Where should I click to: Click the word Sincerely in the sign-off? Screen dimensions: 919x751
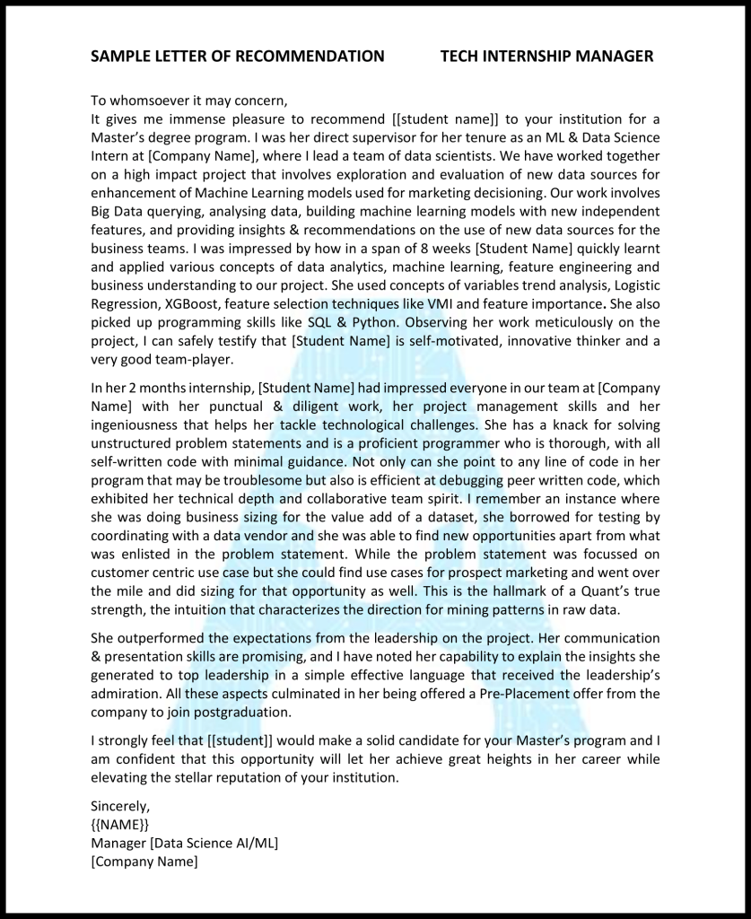point(120,806)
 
